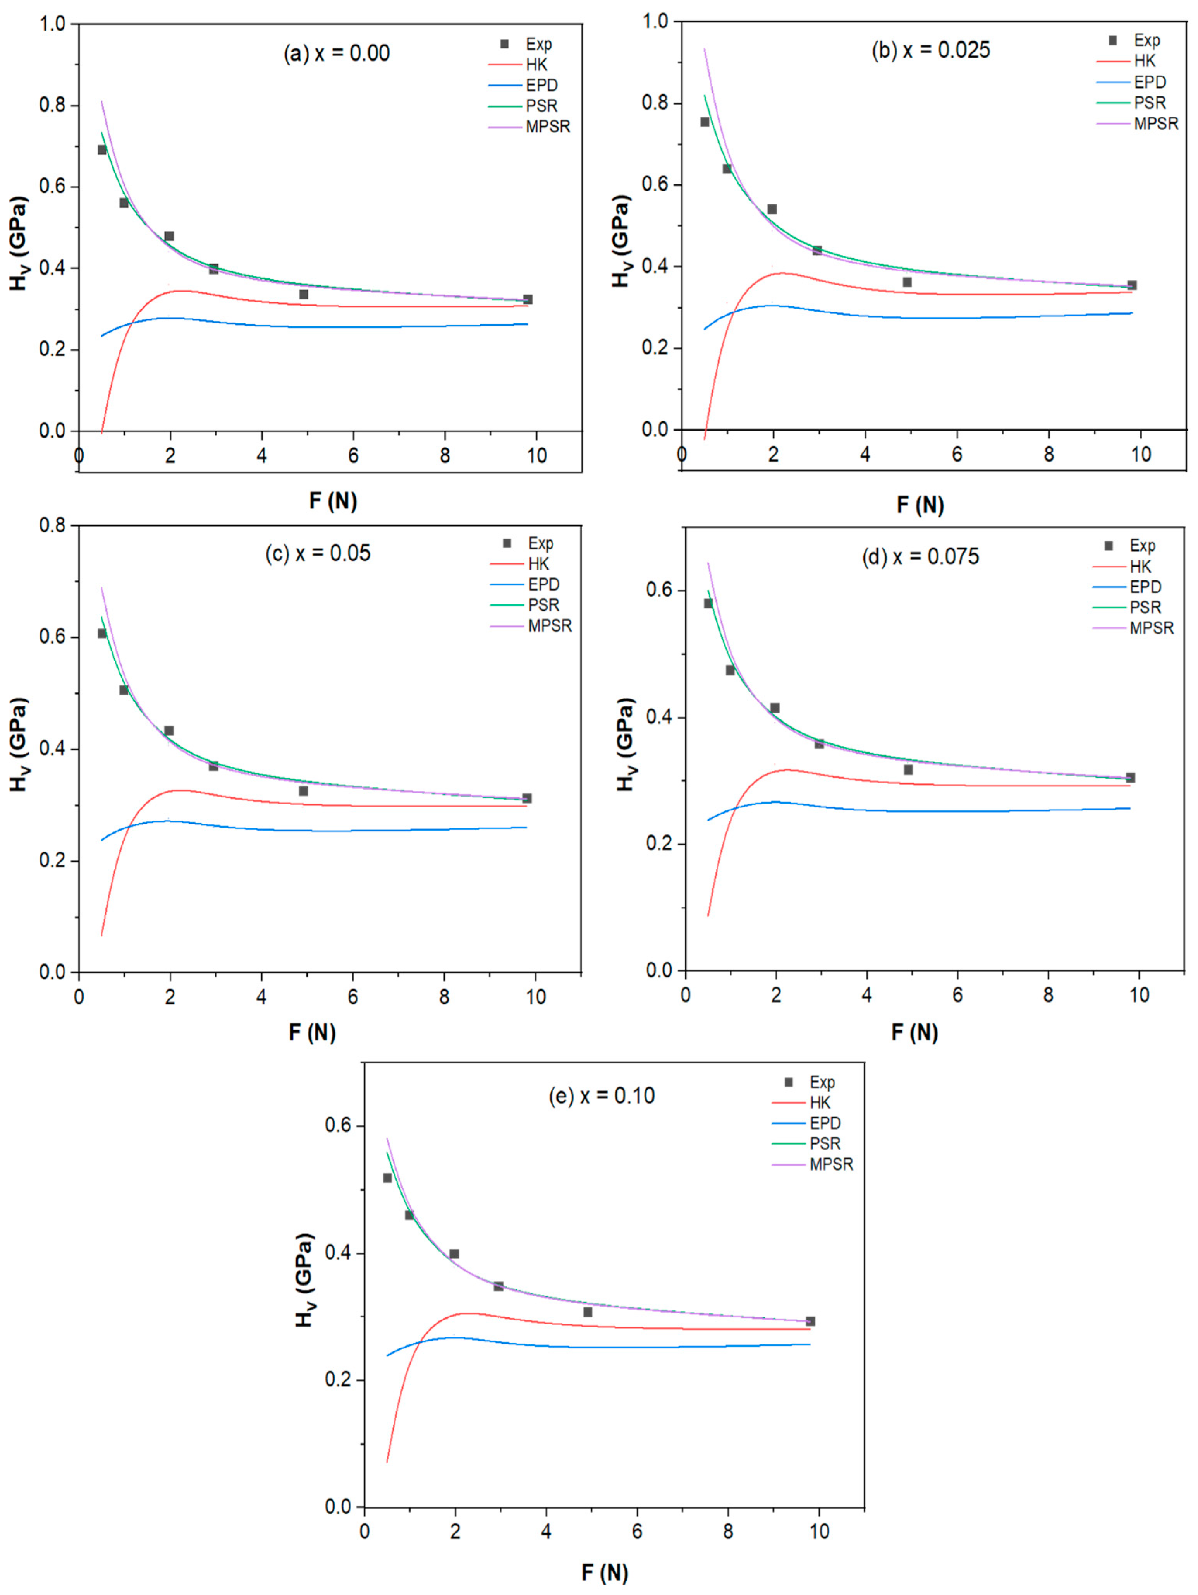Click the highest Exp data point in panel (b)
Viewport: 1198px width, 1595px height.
(x=705, y=122)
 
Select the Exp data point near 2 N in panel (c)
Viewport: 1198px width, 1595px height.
(x=169, y=730)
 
